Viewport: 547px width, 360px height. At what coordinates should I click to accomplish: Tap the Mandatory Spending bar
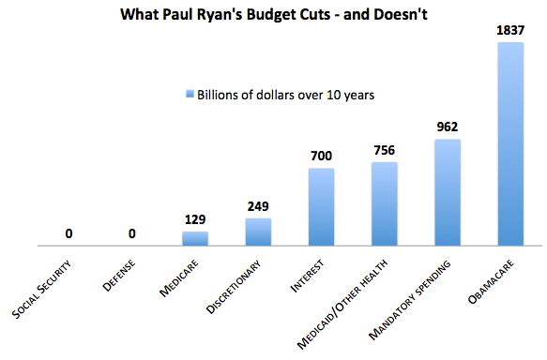coord(447,193)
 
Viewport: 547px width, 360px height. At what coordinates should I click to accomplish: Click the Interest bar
coord(321,207)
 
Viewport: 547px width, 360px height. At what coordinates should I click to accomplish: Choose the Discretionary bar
coord(258,232)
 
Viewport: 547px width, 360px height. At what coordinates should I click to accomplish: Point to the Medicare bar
coord(195,239)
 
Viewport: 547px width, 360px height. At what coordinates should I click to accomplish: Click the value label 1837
coord(509,31)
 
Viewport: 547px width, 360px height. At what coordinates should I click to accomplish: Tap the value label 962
coord(447,127)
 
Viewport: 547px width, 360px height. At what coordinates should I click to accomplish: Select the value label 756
coord(384,149)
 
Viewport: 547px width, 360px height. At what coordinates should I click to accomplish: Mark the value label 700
coord(321,156)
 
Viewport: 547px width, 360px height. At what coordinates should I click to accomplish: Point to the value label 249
coord(258,205)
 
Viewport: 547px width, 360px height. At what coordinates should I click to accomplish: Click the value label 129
coord(195,218)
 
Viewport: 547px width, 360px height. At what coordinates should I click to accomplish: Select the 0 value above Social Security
coord(69,232)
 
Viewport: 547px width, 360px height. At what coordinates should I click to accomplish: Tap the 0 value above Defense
coord(132,232)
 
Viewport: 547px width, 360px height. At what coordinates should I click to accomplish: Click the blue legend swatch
coord(188,94)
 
